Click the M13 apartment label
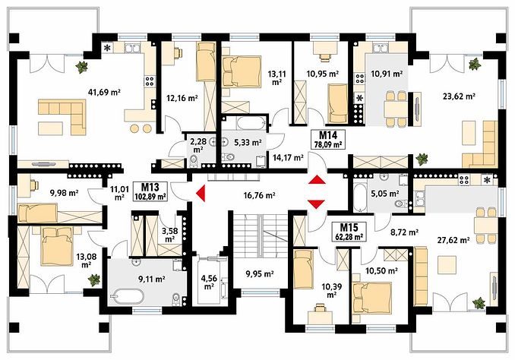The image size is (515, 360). pyautogui.click(x=150, y=188)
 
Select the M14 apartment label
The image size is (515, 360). pyautogui.click(x=328, y=134)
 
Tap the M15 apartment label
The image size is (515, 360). pyautogui.click(x=349, y=227)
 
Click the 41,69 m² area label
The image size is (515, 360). pyautogui.click(x=105, y=93)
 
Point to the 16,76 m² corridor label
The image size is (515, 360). pyautogui.click(x=259, y=195)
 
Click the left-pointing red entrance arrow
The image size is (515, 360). pyautogui.click(x=201, y=193)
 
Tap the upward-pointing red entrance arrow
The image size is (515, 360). pyautogui.click(x=317, y=180)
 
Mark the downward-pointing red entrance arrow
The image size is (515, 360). pyautogui.click(x=317, y=204)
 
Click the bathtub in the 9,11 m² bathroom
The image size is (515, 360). pyautogui.click(x=128, y=297)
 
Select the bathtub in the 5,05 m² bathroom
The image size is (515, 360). pyautogui.click(x=359, y=198)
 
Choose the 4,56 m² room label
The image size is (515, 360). pyautogui.click(x=209, y=283)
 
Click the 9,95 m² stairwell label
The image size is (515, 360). pyautogui.click(x=260, y=273)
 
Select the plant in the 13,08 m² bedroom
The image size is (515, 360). pyautogui.click(x=94, y=279)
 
